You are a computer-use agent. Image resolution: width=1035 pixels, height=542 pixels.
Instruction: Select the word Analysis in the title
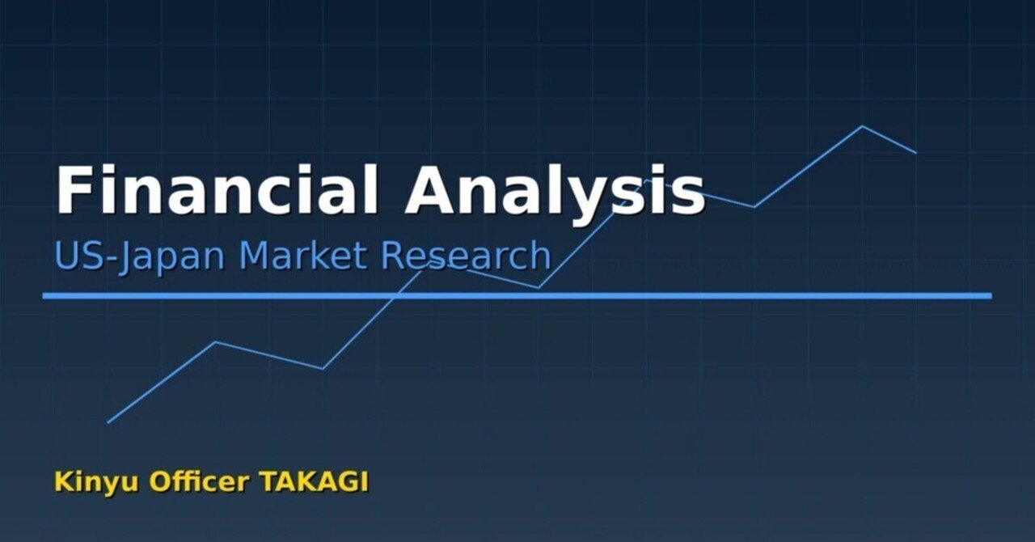click(x=555, y=191)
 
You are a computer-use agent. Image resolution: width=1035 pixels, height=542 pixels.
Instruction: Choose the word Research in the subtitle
click(x=466, y=255)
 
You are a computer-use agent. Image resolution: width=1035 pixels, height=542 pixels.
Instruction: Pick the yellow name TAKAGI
click(x=314, y=481)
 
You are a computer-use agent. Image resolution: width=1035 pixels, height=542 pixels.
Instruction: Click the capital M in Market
click(x=257, y=255)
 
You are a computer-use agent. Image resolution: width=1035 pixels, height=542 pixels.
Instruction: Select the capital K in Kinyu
click(x=64, y=481)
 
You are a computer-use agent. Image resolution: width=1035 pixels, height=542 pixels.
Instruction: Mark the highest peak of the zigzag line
click(x=862, y=126)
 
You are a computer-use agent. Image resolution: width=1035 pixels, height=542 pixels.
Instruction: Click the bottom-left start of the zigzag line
click(x=108, y=422)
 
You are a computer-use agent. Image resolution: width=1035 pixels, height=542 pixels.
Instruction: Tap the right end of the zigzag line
click(x=915, y=152)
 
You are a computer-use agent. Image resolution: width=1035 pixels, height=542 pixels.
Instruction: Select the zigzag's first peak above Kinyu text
click(x=215, y=342)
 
